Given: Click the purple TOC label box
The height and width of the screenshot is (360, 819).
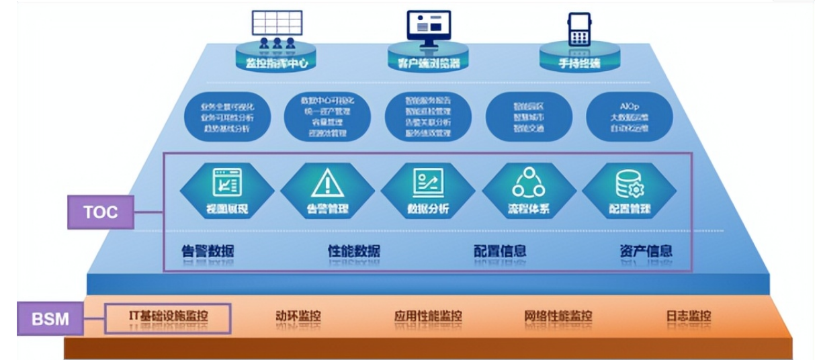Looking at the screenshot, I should (100, 213).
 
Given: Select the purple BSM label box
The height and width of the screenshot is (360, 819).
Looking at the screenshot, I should (51, 318).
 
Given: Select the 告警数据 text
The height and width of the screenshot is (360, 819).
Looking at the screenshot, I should (208, 251).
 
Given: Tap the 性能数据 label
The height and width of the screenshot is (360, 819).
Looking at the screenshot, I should (353, 251).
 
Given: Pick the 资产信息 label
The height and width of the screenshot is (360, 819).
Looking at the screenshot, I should (646, 251).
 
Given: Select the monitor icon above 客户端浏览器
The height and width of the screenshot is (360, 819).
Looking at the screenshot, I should (428, 27).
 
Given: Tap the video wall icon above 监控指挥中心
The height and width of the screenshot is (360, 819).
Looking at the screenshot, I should (276, 27).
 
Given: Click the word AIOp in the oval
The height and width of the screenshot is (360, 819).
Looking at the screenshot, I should (630, 105).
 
